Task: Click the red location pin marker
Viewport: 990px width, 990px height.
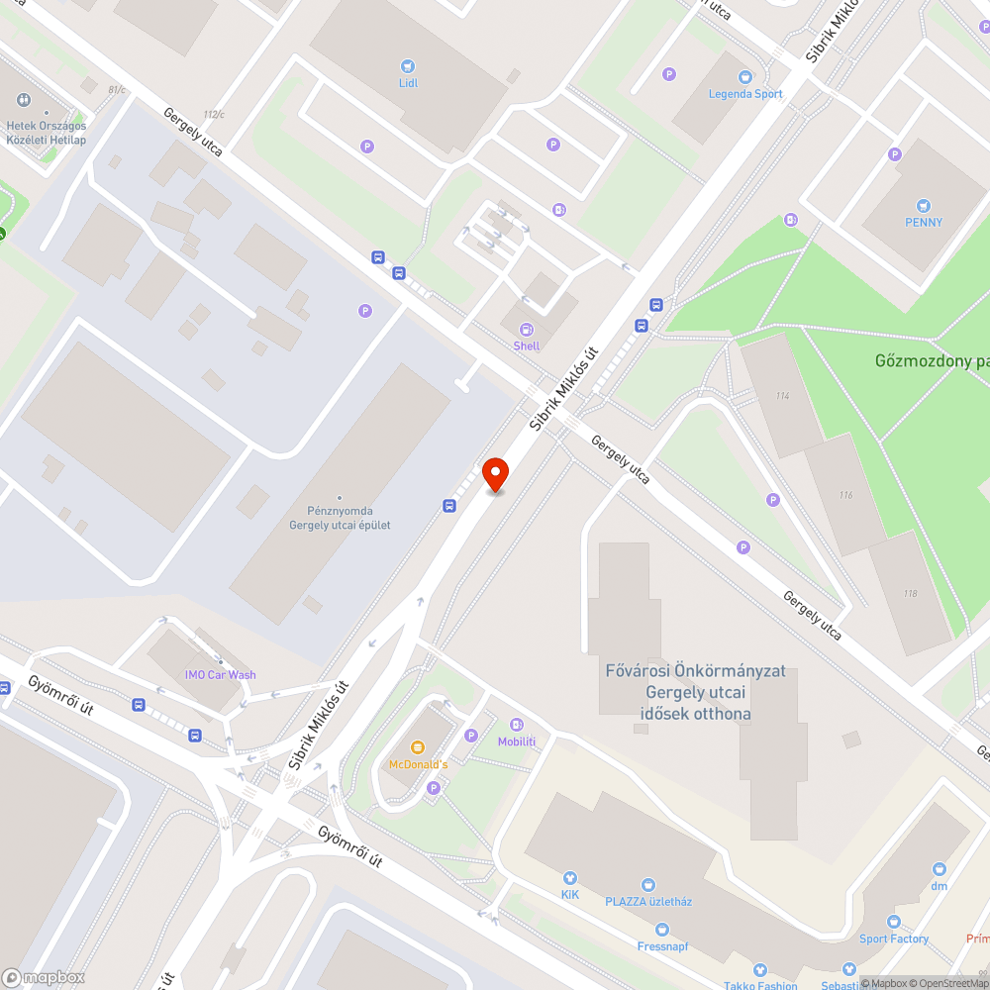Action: coord(495,474)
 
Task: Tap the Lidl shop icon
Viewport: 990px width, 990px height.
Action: coord(408,65)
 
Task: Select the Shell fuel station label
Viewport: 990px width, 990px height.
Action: coord(527,346)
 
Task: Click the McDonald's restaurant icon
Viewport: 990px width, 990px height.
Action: coord(418,745)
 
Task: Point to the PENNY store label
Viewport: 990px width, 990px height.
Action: coord(924,222)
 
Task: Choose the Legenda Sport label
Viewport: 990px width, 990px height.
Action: coord(745,94)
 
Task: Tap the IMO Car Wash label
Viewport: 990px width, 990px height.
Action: coord(220,675)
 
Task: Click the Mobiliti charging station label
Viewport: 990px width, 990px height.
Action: coord(517,742)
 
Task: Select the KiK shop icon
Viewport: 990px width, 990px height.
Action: coord(570,877)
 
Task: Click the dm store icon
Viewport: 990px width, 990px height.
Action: coord(939,851)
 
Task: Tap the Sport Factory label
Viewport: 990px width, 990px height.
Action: coord(894,939)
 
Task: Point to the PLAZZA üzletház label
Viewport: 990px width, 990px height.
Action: coord(648,901)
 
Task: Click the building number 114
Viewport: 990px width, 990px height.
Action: coord(783,396)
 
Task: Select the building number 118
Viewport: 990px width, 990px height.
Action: coord(910,593)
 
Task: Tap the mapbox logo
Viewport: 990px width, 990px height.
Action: coord(44,977)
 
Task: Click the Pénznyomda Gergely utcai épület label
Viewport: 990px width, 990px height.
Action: coord(340,518)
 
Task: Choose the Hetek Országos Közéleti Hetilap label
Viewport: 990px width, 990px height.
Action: coord(47,133)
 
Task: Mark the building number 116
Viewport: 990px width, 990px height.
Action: coord(845,495)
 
